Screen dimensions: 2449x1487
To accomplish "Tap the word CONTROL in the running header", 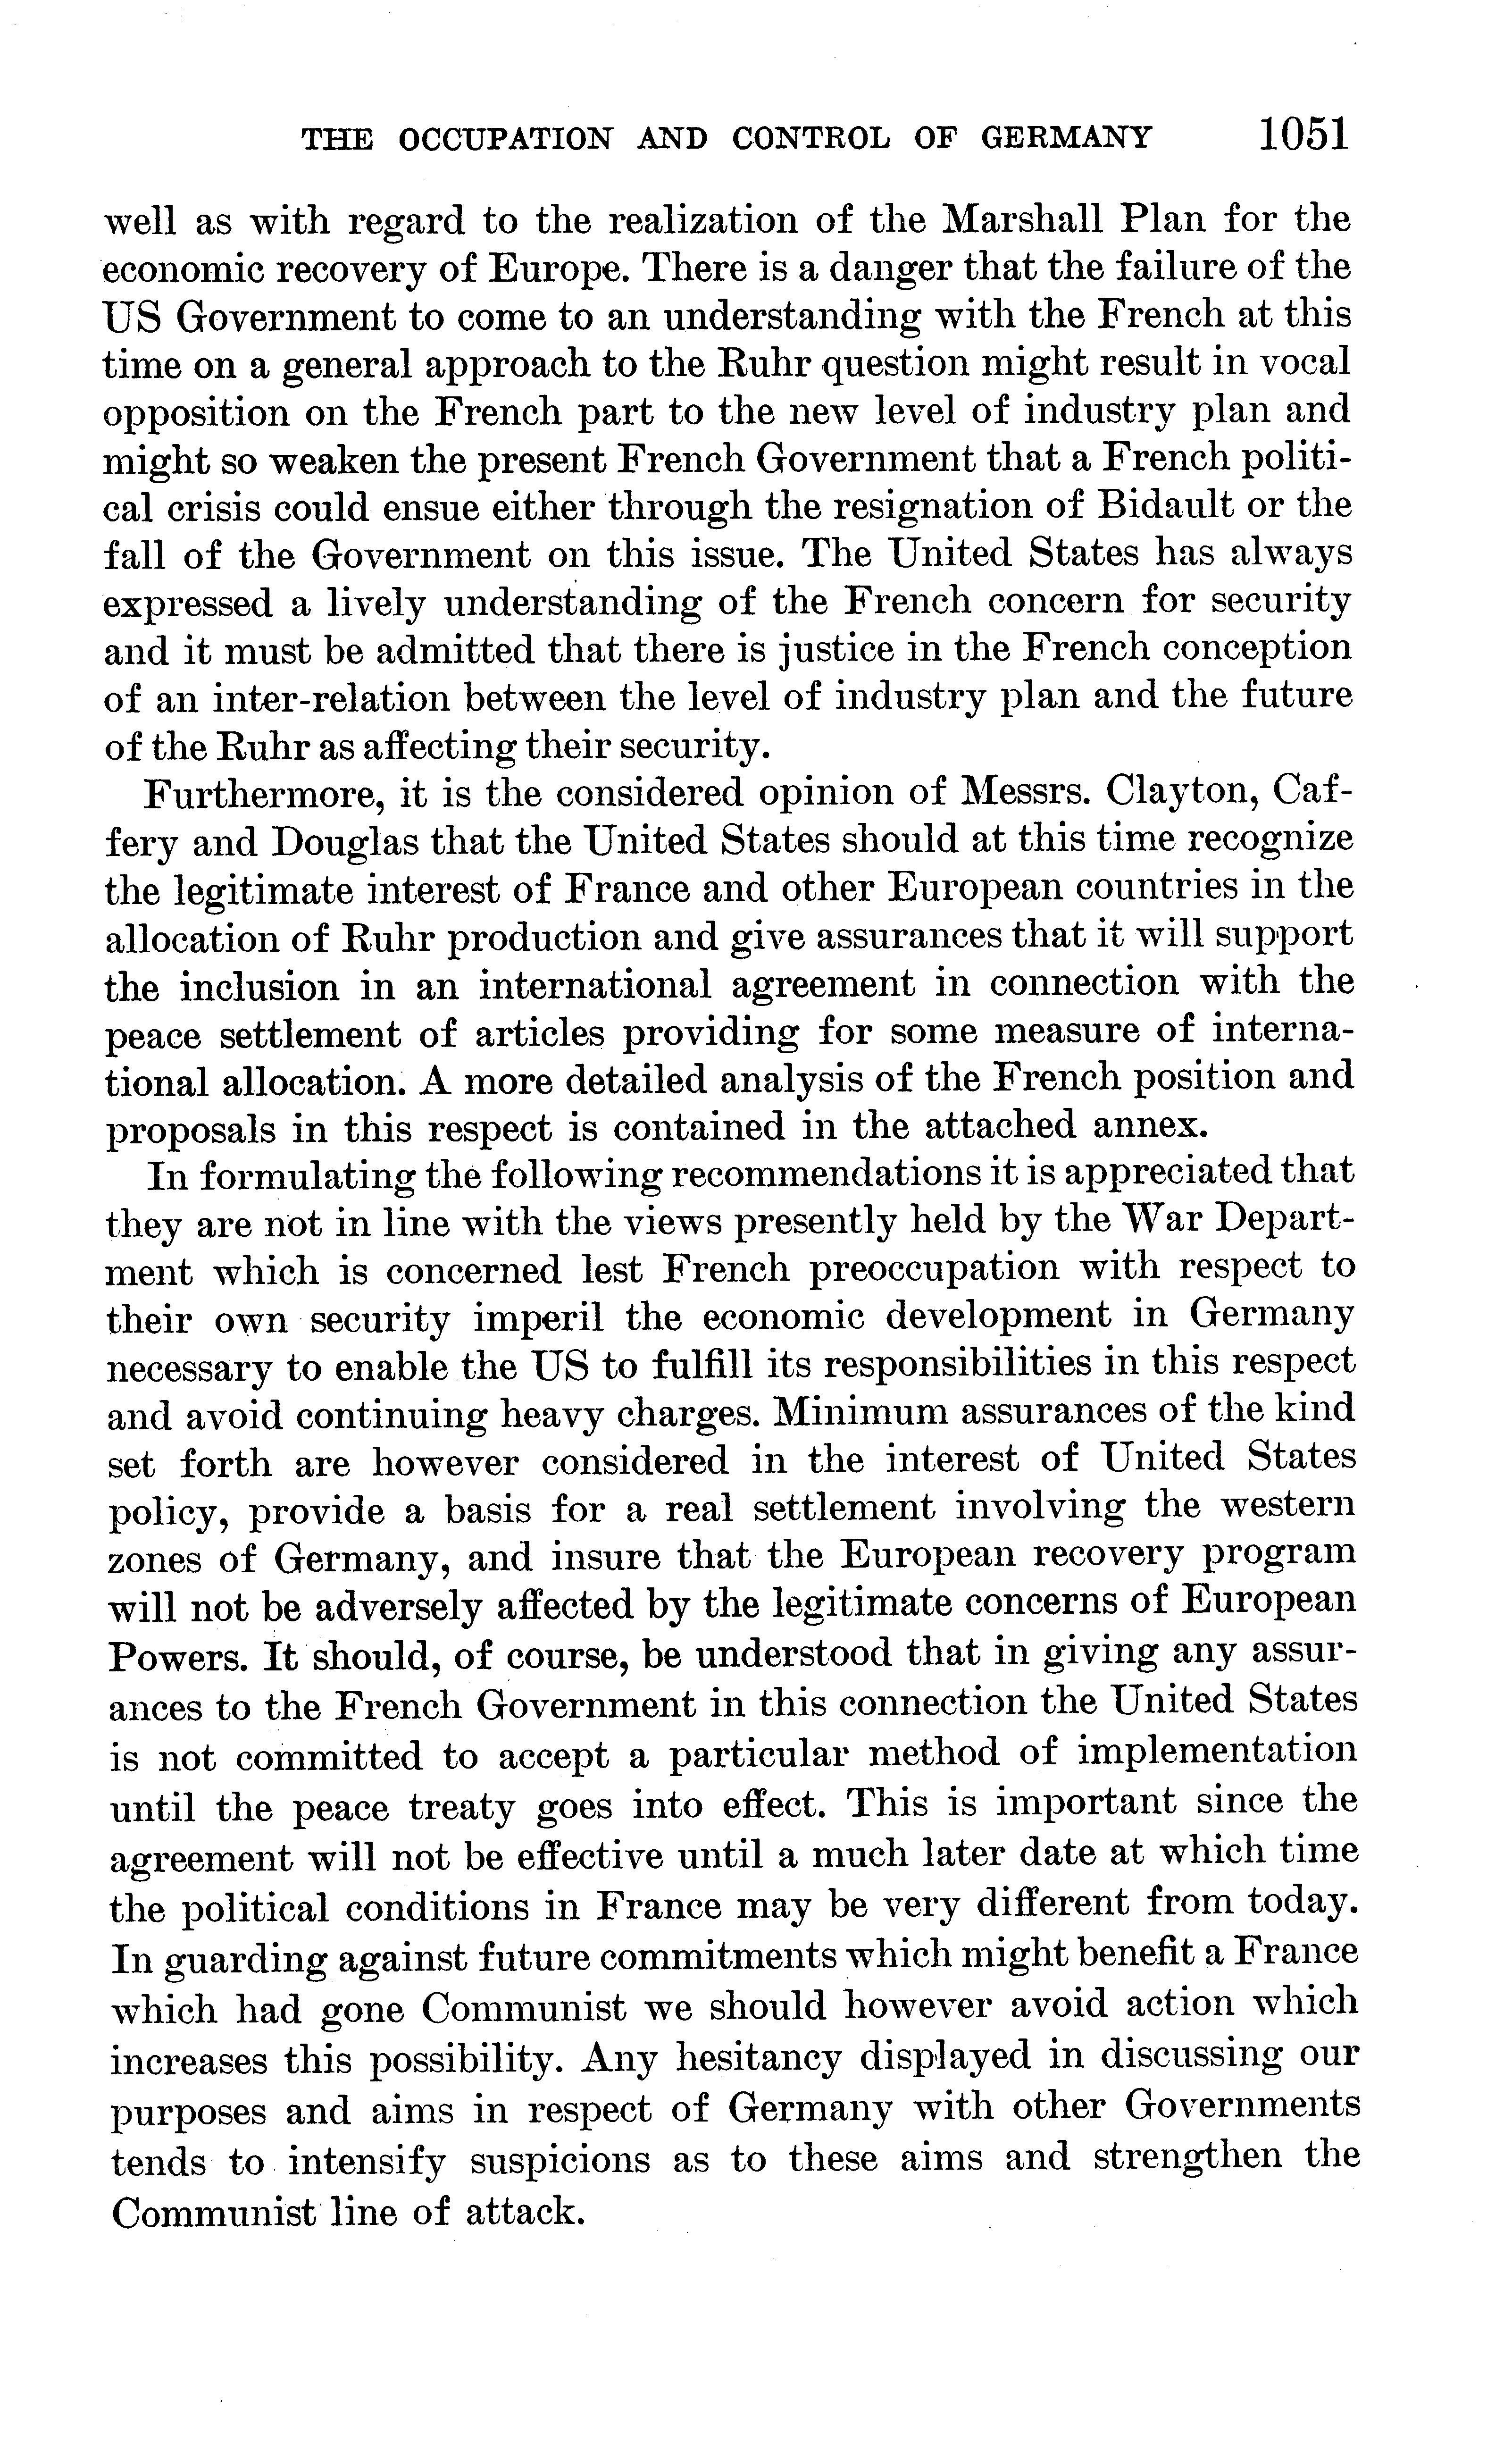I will [x=811, y=138].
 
